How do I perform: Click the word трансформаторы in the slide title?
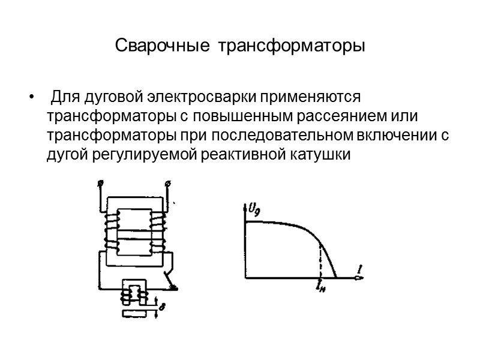pyautogui.click(x=291, y=46)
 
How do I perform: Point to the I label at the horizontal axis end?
pyautogui.click(x=358, y=271)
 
